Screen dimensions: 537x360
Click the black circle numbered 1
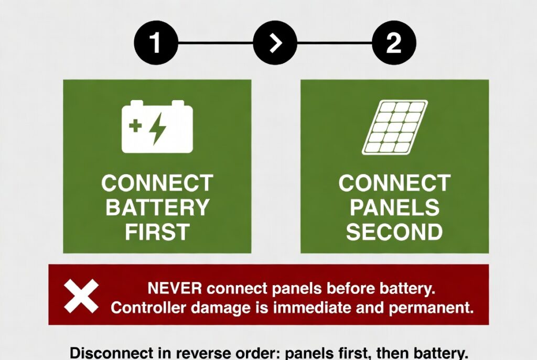(156, 43)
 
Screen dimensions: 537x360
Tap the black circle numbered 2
(394, 43)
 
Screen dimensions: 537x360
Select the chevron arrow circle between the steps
(275, 43)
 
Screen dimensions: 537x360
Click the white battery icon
(157, 126)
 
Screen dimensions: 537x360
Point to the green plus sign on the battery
(135, 125)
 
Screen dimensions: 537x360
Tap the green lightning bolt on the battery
(158, 128)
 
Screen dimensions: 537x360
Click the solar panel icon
(395, 127)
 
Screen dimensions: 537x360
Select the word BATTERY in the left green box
(157, 207)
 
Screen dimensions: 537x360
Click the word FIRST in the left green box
(157, 232)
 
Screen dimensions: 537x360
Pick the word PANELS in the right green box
(394, 207)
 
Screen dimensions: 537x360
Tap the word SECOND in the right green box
(394, 232)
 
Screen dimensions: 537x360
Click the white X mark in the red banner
(81, 296)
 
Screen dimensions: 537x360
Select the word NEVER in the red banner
(175, 288)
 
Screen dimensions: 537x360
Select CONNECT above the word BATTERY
(157, 183)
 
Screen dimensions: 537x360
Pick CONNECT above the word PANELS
(394, 183)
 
